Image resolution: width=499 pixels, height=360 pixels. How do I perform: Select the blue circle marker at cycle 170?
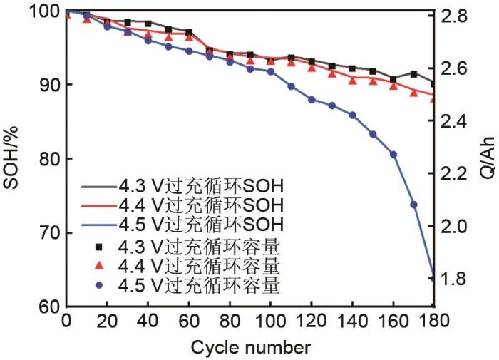point(413,205)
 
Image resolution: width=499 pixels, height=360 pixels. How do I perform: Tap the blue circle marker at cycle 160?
point(393,154)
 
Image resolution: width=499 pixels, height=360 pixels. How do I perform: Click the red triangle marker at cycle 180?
point(433,98)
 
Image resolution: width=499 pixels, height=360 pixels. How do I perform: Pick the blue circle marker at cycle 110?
point(291,86)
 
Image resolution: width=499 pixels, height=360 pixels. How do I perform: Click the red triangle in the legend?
point(101,267)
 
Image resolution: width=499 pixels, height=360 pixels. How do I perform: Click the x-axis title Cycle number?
point(250,348)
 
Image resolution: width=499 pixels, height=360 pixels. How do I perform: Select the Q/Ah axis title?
point(488,160)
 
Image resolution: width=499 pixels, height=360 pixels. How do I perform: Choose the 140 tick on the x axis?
point(352,323)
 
